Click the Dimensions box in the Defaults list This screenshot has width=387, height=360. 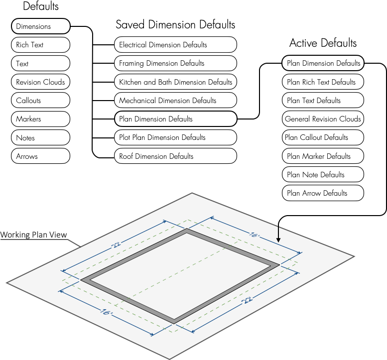40,26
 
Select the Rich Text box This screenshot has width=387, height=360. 40,45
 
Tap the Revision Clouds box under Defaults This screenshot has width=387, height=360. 40,82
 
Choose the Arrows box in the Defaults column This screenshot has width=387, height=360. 40,156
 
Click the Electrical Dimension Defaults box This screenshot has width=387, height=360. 175,45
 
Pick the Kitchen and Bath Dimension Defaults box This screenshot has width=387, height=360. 175,82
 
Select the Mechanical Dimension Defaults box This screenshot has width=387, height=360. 175,101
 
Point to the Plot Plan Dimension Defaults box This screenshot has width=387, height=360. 175,137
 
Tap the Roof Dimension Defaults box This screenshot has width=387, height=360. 175,156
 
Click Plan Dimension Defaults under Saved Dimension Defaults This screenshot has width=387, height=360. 175,119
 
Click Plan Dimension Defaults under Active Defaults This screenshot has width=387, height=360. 323,63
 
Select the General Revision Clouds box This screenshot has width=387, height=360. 323,119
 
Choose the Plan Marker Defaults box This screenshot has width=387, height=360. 323,156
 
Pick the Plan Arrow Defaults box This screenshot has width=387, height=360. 323,193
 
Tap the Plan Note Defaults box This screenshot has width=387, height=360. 323,175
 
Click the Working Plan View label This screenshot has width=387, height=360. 33,235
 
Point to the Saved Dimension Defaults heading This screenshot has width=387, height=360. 175,24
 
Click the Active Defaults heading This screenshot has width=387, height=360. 323,43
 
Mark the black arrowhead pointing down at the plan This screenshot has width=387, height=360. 278,240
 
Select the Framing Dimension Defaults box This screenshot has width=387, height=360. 175,63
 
